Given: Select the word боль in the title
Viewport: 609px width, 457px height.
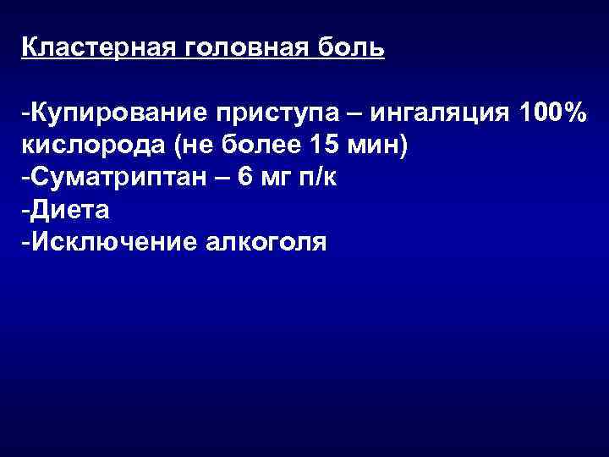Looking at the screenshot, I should click(x=353, y=47).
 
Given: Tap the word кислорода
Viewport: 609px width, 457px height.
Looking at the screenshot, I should click(x=93, y=146).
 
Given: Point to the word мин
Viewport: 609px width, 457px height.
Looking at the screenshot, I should click(x=376, y=146).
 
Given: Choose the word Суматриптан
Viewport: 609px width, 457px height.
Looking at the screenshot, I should click(x=114, y=179).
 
